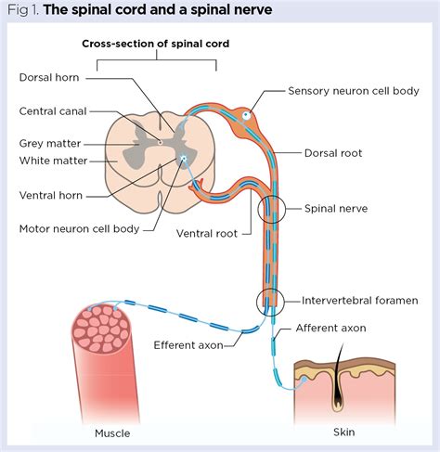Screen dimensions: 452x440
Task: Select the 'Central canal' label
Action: click(54, 110)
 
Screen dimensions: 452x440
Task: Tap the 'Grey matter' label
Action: click(50, 144)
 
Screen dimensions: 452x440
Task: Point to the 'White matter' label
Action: click(52, 160)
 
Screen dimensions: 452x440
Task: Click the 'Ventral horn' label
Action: click(50, 195)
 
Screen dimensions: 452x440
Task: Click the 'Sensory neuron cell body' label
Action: click(353, 91)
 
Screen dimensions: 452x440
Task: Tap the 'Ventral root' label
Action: click(206, 234)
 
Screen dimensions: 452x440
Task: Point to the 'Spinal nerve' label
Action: click(336, 209)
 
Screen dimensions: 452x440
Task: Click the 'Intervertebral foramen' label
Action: click(358, 300)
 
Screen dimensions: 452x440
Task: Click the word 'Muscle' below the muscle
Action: click(112, 433)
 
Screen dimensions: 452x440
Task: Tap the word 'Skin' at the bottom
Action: click(343, 432)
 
